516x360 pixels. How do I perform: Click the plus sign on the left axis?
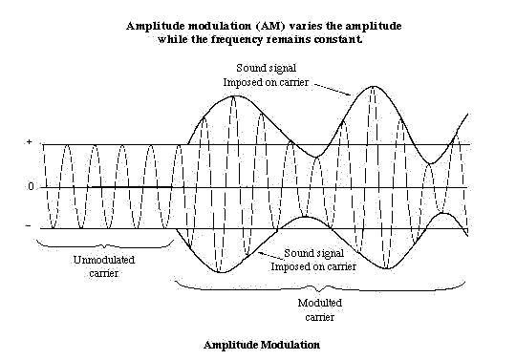30,142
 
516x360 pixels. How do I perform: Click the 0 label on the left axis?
31,187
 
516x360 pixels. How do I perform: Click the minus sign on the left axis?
29,226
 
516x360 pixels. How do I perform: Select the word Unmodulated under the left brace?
104,260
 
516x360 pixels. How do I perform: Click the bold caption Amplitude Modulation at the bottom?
262,345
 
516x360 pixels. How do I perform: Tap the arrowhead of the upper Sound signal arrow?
349,95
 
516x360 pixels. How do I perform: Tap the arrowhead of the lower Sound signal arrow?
260,252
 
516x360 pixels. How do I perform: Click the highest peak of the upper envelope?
373,86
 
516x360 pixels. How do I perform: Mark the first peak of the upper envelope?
234,95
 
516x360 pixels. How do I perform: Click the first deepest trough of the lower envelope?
220,272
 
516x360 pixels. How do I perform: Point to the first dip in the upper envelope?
316,157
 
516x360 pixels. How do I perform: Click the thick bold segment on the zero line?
132,187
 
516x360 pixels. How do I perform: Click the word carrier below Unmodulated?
103,273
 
